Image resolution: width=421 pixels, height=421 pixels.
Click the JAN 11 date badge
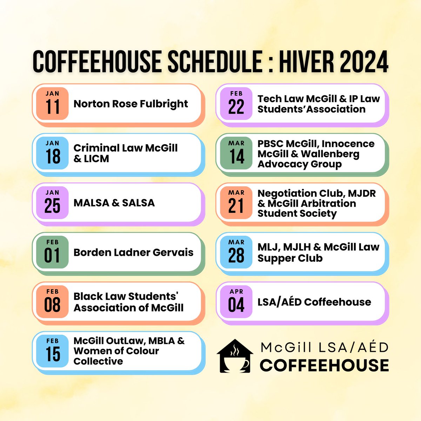[x=52, y=103]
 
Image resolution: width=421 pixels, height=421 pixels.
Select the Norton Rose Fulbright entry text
[x=131, y=104]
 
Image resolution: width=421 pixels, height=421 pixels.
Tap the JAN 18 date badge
[x=52, y=153]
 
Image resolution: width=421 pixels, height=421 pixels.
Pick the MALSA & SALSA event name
[x=114, y=203]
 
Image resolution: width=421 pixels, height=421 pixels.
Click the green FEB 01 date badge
[x=52, y=252]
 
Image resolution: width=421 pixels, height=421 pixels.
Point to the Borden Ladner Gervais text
[x=133, y=252]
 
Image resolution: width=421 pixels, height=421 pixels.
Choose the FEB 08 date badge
[x=52, y=301]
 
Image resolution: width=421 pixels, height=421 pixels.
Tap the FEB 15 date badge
[x=52, y=351]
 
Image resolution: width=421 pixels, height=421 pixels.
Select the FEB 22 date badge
[x=236, y=103]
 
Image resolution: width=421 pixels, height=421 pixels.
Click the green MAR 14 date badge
[x=236, y=153]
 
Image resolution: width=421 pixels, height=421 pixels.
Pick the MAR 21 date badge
[x=236, y=203]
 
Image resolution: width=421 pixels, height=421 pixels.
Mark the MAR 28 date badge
[x=236, y=252]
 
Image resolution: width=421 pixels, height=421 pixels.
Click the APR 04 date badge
[x=236, y=301]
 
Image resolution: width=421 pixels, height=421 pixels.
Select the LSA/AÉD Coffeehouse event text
[x=314, y=302]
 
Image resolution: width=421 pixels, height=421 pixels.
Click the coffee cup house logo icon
[x=234, y=356]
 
